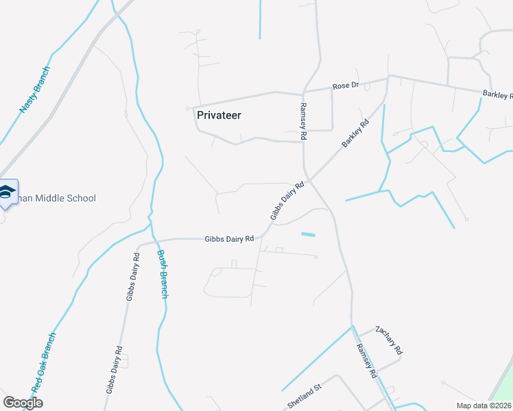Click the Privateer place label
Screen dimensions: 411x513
[x=219, y=115]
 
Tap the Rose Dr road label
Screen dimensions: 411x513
[x=346, y=86]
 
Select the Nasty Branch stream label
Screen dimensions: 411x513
[x=36, y=89]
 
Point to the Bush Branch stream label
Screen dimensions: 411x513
[x=163, y=274]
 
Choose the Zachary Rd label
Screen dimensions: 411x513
[x=389, y=340]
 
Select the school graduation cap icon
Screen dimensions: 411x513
[x=7, y=191]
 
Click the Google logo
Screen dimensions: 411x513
[x=23, y=402]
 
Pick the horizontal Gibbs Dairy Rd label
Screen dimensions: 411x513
[x=229, y=238]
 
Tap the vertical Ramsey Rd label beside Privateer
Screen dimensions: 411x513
[x=302, y=121]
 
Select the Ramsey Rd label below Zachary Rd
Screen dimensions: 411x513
[x=366, y=360]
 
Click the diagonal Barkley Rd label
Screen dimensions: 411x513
[x=355, y=134]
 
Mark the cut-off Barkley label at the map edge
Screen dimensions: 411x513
[x=498, y=95]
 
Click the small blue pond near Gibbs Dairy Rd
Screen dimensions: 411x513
[x=308, y=235]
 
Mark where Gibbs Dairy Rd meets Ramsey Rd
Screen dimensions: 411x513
[x=310, y=180]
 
